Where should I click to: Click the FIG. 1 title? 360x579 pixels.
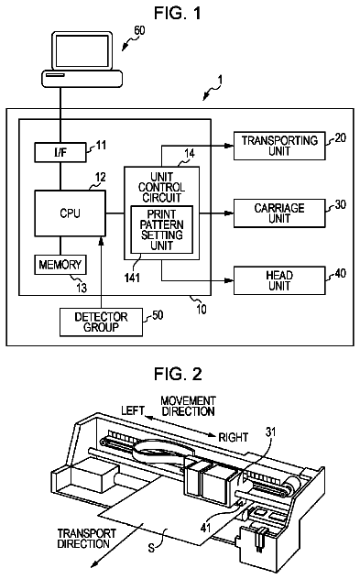pos(178,14)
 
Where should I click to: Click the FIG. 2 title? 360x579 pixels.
pos(178,374)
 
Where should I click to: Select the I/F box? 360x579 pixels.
pos(60,152)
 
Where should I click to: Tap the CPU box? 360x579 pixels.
pos(71,213)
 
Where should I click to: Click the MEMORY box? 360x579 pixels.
pos(60,265)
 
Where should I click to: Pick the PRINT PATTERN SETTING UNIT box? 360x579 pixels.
pos(162,230)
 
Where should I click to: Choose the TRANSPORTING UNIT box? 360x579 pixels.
pos(279,146)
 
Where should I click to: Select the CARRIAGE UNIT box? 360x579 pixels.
pos(279,213)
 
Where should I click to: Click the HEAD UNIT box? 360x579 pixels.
pos(279,280)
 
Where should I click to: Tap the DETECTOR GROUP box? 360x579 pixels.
pos(101,322)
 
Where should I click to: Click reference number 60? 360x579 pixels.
pos(139,30)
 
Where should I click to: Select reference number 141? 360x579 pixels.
pos(132,277)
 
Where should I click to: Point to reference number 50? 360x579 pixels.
pos(158,315)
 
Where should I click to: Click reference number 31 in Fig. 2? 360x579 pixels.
pos(270,432)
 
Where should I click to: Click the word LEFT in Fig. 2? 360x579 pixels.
pos(133,410)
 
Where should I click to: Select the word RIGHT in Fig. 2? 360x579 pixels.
pos(233,437)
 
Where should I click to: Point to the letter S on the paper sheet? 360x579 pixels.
pos(151,548)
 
